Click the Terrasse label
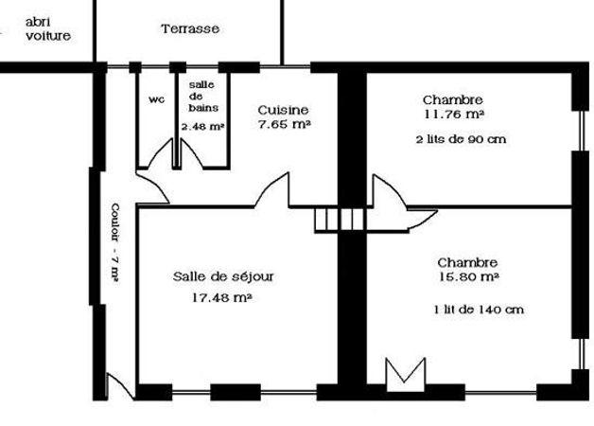coord(190,28)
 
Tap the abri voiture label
coord(48,29)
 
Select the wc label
coord(156,99)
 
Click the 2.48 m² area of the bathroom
coord(202,127)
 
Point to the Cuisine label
coord(284,111)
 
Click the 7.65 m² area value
coord(285,124)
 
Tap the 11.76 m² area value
coord(455,115)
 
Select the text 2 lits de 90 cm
coord(461,139)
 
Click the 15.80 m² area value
coord(469,276)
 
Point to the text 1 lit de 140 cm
coord(479,310)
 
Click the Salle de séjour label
coord(223,276)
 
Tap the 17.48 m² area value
coord(222,297)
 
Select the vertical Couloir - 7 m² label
coord(115,243)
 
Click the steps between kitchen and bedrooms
coord(340,220)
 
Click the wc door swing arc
coord(158,151)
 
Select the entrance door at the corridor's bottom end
coord(120,386)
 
